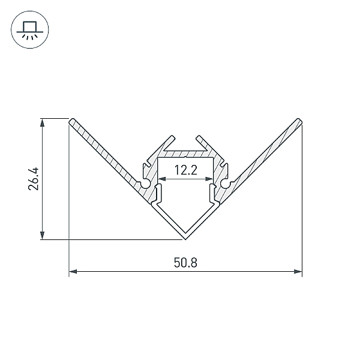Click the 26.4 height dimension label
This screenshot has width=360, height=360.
[x=34, y=179]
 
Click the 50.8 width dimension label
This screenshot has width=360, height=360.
[x=185, y=263]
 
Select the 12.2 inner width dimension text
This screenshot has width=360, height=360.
[x=186, y=170]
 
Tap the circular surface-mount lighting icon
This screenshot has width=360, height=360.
[x=30, y=29]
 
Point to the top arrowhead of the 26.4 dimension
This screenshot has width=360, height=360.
[x=42, y=123]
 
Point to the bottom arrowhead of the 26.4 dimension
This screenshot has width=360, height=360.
[x=42, y=235]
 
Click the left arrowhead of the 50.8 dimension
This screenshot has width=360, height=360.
[x=73, y=272]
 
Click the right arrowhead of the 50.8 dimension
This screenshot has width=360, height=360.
[x=298, y=272]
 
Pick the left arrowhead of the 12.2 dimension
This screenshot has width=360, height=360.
[x=162, y=179]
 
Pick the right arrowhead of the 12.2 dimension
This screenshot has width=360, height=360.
[x=209, y=179]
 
